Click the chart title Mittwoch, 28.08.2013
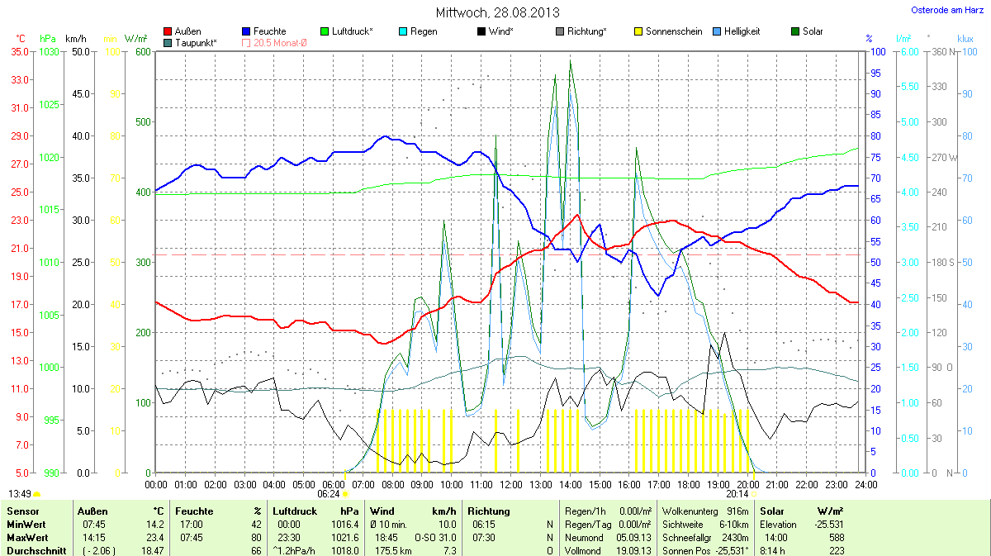(497, 12)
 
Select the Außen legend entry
(187, 31)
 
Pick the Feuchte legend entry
(269, 31)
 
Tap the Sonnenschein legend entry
(668, 31)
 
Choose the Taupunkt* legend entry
(196, 42)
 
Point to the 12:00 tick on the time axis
(511, 484)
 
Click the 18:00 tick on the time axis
(689, 484)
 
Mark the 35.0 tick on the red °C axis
(19, 51)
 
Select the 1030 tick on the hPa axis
(49, 51)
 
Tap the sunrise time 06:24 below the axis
(328, 494)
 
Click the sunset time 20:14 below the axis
(737, 494)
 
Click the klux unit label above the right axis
(965, 39)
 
